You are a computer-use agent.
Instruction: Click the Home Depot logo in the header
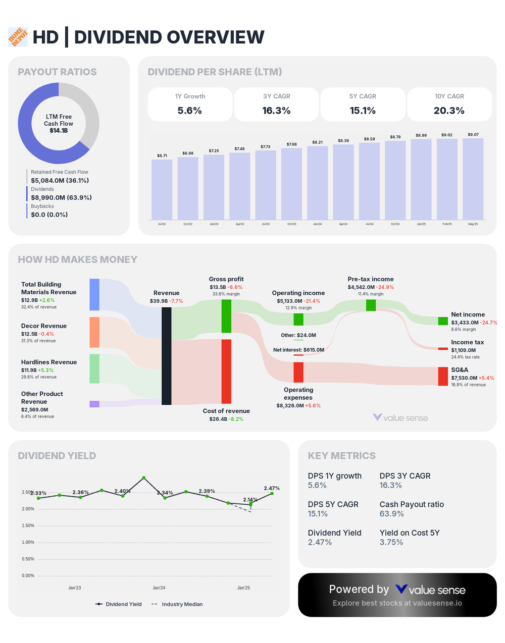[18, 37]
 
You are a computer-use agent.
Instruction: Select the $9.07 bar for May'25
[473, 179]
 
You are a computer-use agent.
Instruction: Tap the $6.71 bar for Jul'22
[162, 189]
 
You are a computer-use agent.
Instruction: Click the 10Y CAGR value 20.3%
[449, 111]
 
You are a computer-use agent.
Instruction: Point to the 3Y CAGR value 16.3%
[276, 111]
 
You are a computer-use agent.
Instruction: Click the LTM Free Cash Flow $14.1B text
[59, 124]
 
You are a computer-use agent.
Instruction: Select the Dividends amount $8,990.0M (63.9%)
[61, 197]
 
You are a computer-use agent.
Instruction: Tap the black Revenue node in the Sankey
[166, 356]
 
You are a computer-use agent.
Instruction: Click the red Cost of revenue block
[226, 371]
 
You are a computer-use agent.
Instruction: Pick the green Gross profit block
[226, 316]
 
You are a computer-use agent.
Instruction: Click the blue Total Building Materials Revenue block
[94, 294]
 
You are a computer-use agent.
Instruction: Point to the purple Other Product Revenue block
[94, 404]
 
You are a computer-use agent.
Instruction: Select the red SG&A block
[443, 376]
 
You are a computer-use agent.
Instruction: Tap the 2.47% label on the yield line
[272, 488]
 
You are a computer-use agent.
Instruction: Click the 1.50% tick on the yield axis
[28, 525]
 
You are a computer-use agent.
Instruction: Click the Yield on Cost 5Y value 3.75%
[391, 542]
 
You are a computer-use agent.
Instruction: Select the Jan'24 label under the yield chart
[159, 587]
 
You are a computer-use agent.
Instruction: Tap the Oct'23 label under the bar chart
[291, 224]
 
